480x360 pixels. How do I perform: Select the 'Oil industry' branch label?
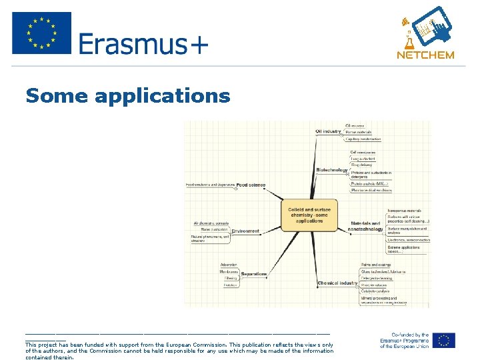click(x=328, y=131)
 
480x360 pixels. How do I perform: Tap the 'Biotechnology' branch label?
click(x=332, y=170)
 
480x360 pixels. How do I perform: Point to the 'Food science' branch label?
click(x=251, y=185)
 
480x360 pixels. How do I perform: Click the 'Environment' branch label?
click(x=245, y=231)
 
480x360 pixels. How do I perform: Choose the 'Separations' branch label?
click(x=254, y=274)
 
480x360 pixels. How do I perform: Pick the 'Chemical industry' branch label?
click(x=338, y=283)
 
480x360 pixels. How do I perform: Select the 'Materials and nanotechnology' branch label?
click(x=365, y=226)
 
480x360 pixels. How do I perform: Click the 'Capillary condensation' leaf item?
click(x=363, y=139)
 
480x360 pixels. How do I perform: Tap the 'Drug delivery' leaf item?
click(x=362, y=165)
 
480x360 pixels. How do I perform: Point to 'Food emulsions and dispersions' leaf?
click(x=209, y=185)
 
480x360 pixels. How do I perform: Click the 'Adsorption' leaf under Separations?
click(x=229, y=265)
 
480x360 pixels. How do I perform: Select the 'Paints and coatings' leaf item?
click(x=376, y=265)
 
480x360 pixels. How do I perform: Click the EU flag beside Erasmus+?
click(x=41, y=33)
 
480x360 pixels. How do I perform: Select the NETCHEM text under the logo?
click(x=425, y=55)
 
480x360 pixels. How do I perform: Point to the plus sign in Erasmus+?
click(x=197, y=45)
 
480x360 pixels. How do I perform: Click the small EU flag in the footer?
click(x=443, y=341)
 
